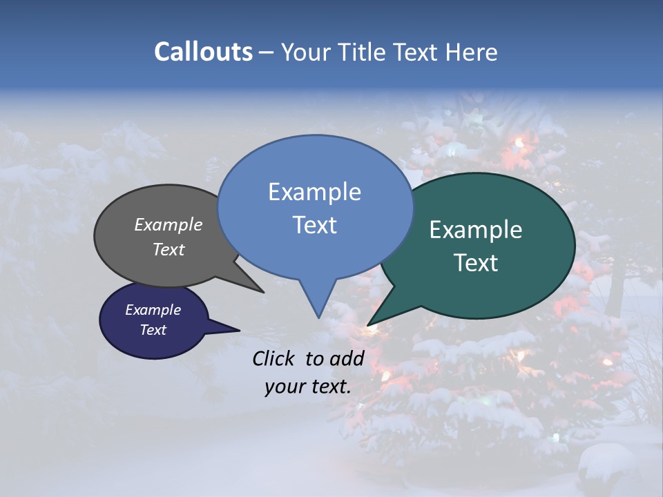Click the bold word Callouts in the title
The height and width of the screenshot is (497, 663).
click(x=203, y=52)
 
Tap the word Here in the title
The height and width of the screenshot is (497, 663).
click(x=471, y=52)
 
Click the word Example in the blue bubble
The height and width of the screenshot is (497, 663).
click(x=314, y=192)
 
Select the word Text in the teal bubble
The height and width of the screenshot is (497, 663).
click(x=476, y=263)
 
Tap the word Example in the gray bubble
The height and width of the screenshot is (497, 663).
click(x=169, y=224)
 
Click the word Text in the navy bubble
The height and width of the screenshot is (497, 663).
click(x=153, y=330)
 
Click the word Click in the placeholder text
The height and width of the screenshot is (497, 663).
click(x=274, y=358)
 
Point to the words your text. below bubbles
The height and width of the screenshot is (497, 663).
click(x=308, y=387)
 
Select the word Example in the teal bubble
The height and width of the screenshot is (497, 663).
click(x=476, y=230)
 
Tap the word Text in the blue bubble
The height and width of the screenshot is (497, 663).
click(x=314, y=225)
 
